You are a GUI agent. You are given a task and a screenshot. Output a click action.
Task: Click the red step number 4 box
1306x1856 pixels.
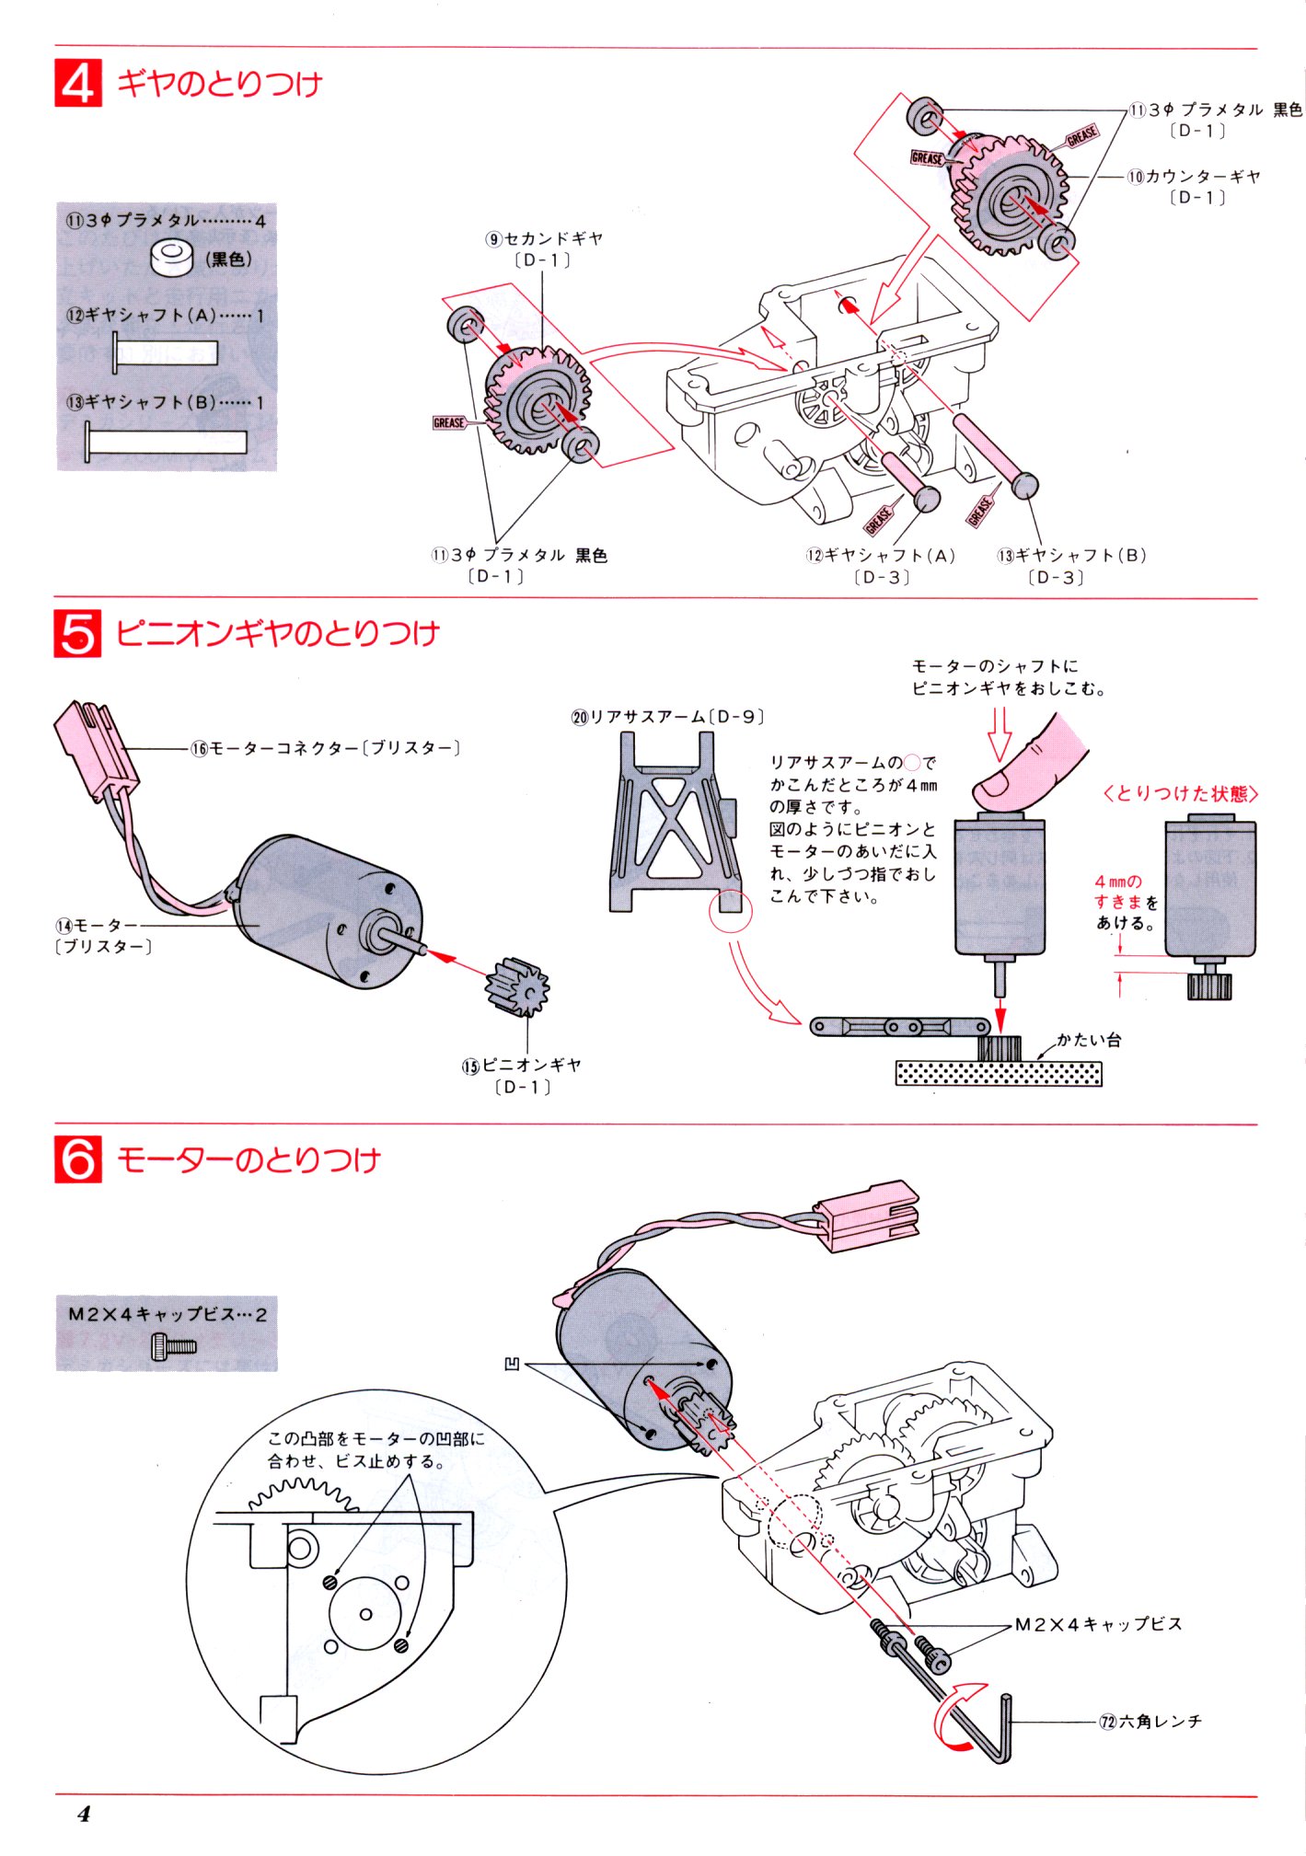coord(78,83)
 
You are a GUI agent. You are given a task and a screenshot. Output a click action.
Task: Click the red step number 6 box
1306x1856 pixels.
coord(78,1159)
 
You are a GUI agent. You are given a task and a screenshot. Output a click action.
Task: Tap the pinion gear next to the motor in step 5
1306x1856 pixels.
coord(517,986)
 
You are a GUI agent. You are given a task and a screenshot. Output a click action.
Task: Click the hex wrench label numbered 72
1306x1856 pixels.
coord(1150,1721)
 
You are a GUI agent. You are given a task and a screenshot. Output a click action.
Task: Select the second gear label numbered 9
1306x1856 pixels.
coord(545,239)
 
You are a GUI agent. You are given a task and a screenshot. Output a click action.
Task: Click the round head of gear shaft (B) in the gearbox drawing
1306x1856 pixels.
coord(1024,484)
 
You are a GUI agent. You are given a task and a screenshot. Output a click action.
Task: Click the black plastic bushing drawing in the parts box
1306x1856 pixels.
coord(172,258)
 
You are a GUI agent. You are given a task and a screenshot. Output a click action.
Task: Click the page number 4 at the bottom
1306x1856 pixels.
coord(84,1814)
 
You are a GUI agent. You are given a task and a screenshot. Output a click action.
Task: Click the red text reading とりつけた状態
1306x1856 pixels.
coord(1181,793)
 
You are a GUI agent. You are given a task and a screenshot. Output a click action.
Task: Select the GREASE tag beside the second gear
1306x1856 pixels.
coord(449,422)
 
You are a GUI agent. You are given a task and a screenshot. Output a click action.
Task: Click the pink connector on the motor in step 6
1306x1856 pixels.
coord(867,1215)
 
